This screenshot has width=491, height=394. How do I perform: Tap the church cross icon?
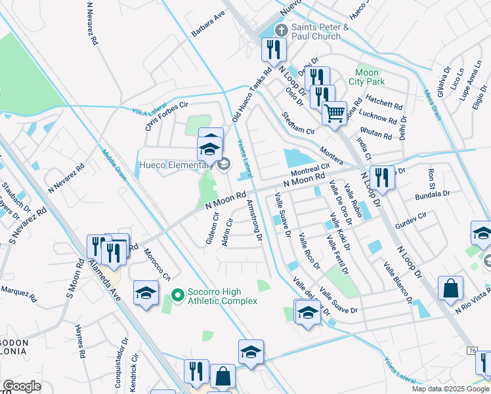[x=282, y=29]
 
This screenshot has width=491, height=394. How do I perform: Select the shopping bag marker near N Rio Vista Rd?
[x=451, y=288]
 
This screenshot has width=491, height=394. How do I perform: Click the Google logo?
[x=22, y=386]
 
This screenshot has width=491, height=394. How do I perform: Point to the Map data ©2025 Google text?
[x=450, y=389]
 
